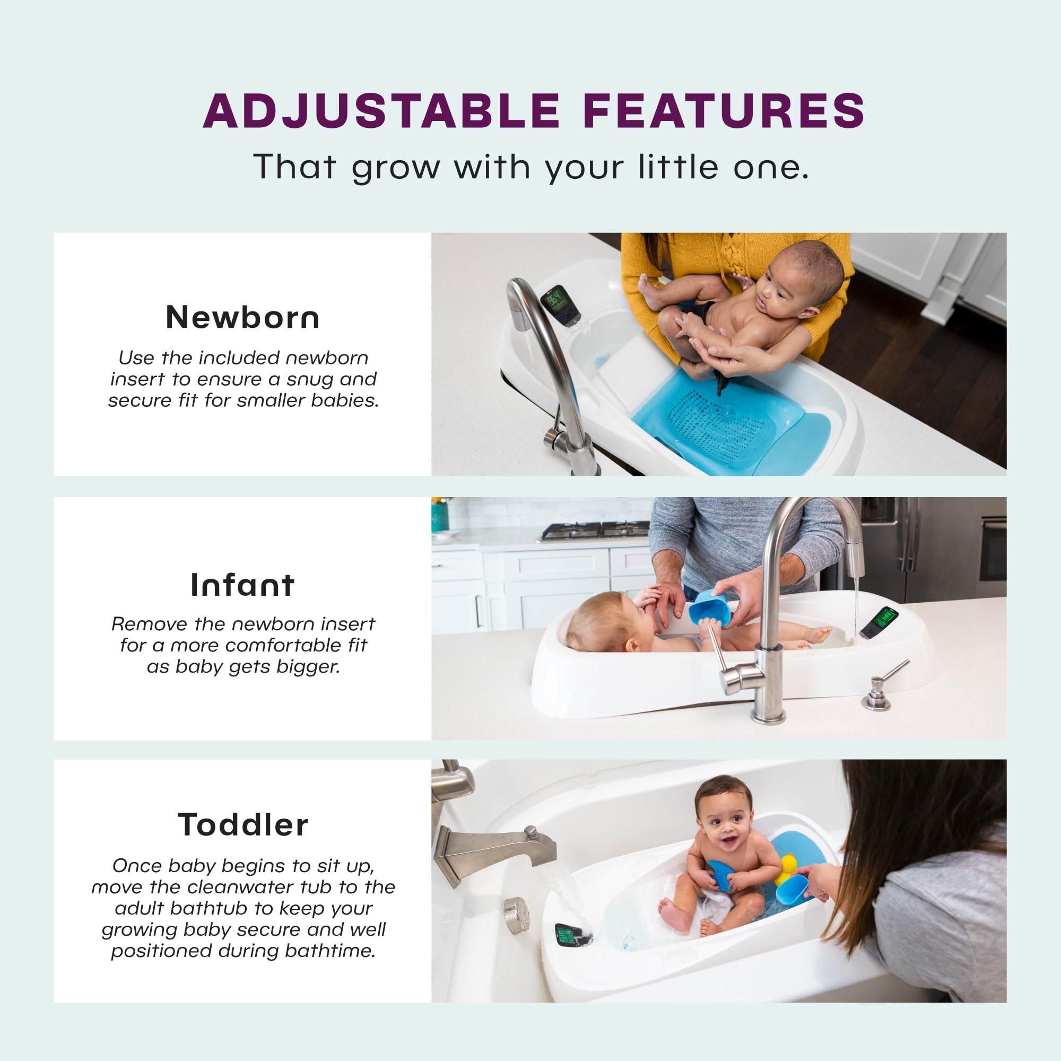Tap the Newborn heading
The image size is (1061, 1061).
pyautogui.click(x=243, y=317)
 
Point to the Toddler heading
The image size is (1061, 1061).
pyautogui.click(x=243, y=824)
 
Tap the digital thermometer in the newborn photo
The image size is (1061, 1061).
pyautogui.click(x=558, y=303)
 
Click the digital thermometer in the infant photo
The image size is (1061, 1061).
pyautogui.click(x=879, y=622)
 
